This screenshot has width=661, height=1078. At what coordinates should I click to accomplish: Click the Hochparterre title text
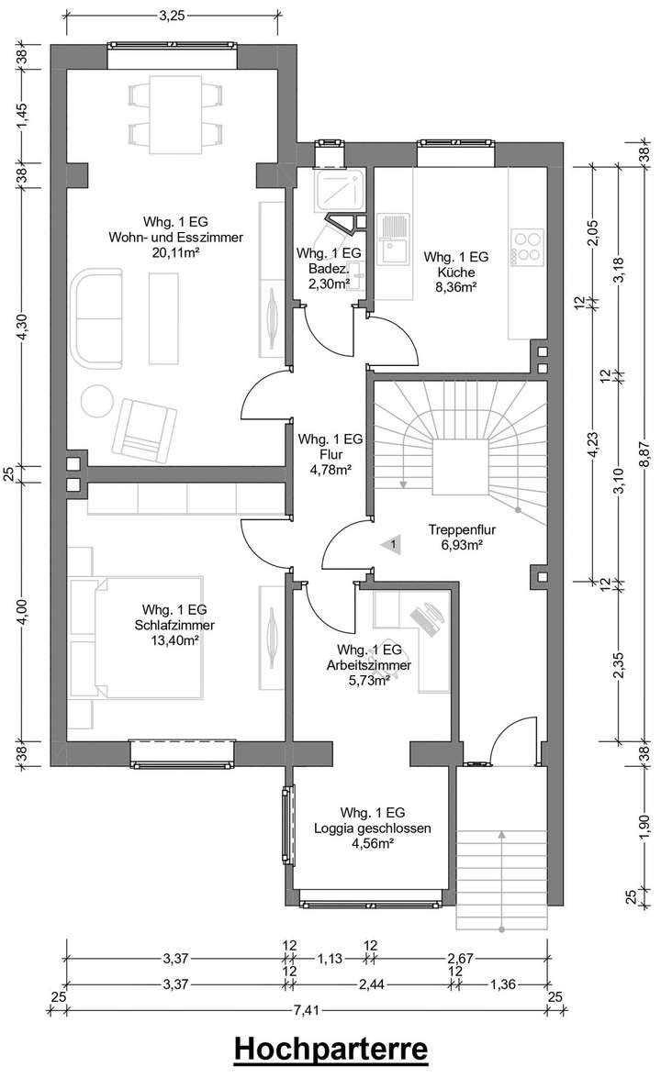point(330,1049)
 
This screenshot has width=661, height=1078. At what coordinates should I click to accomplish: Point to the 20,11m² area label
point(175,253)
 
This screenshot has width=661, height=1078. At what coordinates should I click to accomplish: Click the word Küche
point(456,272)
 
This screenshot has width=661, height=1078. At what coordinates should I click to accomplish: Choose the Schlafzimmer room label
point(174,625)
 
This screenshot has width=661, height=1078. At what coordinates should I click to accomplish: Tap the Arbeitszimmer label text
point(369,665)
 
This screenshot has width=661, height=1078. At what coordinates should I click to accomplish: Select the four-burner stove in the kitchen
point(526,247)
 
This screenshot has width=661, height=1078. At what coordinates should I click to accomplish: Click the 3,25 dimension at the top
point(172,17)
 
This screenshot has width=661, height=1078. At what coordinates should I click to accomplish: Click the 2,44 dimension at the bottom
point(372,984)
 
